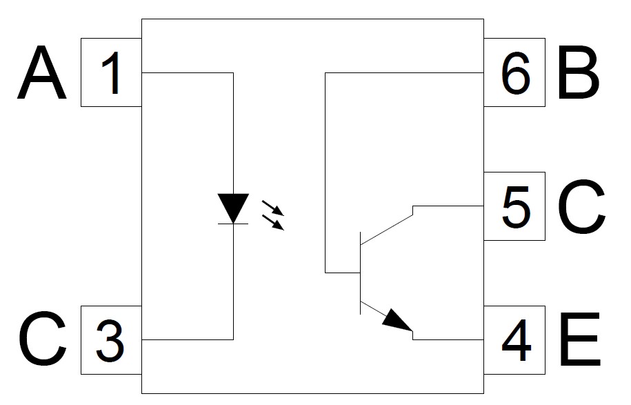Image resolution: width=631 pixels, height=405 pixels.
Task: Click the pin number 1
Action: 112,73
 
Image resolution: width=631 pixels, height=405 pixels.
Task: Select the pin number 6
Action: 515,73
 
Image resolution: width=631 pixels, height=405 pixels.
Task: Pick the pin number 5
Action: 516,207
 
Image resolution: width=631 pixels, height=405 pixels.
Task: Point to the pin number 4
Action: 517,341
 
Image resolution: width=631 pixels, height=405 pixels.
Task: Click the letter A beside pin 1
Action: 41,72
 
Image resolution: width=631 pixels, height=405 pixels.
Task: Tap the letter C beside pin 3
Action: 42,339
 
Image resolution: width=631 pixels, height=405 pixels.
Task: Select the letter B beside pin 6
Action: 578,72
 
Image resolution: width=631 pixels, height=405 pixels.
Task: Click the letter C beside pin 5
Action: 581,206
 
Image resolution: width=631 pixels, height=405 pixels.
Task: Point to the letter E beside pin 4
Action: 579,339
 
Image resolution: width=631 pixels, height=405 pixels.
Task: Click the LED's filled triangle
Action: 233,208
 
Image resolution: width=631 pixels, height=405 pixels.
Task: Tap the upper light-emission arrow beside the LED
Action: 273,208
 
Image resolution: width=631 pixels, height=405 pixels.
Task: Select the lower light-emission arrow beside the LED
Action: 273,223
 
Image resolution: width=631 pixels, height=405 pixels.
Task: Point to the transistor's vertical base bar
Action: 360,273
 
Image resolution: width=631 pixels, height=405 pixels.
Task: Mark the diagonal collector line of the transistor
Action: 387,230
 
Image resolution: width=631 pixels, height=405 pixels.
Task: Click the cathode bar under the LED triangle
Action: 233,224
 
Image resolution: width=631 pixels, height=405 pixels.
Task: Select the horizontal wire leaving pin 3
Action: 188,339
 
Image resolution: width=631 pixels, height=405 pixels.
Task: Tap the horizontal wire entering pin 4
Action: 448,339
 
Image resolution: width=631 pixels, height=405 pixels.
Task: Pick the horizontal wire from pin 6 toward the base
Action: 404,73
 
